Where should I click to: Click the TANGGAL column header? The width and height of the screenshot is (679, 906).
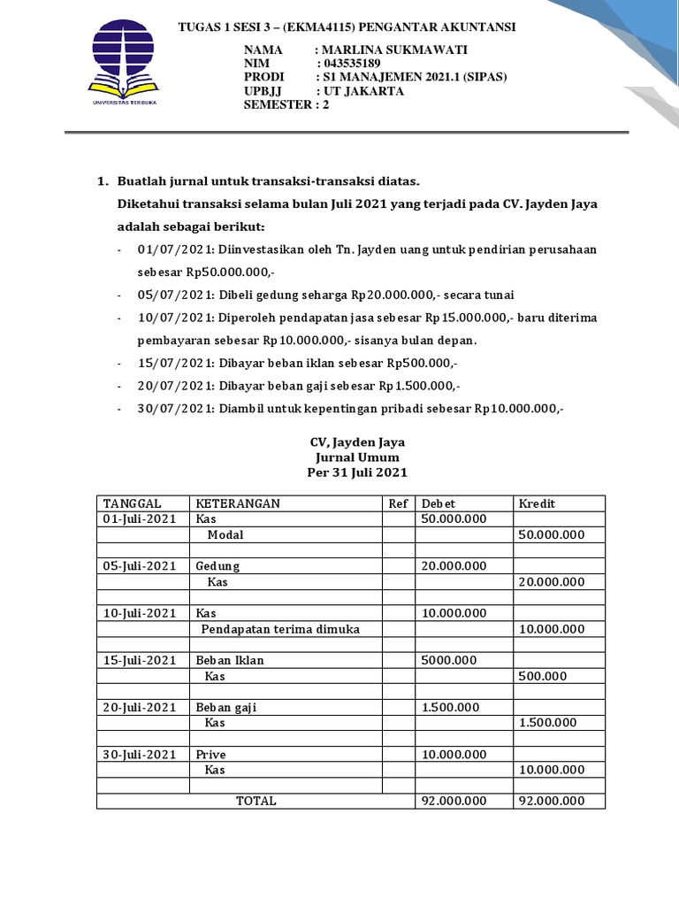click(133, 503)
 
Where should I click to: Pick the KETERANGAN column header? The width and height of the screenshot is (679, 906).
click(238, 503)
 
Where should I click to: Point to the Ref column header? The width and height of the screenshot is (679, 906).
click(399, 503)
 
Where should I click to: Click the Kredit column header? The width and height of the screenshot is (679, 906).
click(537, 503)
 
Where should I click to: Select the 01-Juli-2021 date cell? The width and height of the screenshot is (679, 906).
click(140, 518)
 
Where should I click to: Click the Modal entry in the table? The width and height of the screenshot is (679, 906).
click(225, 534)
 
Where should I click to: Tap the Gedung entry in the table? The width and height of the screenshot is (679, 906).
click(217, 566)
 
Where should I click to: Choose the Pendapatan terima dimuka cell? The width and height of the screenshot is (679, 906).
click(280, 629)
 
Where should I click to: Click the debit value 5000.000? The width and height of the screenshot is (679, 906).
click(450, 660)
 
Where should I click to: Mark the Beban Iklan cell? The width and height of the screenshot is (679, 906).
click(230, 660)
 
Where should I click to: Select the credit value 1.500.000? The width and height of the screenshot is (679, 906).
click(548, 723)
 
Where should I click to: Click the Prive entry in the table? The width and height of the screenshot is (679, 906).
click(211, 755)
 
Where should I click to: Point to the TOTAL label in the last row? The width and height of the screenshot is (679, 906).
click(256, 801)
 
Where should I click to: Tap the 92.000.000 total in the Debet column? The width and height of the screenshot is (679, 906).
click(454, 801)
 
